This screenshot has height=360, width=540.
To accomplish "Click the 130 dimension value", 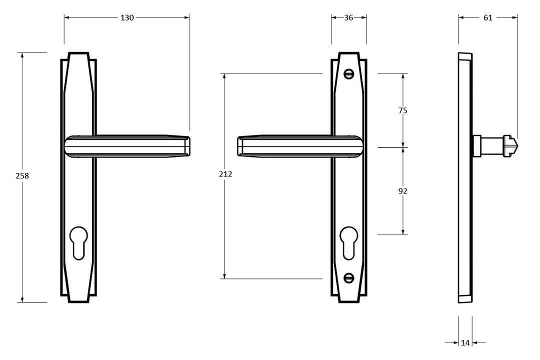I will [x=127, y=17].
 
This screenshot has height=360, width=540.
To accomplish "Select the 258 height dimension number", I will [x=22, y=176].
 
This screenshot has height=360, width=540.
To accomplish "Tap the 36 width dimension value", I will [x=348, y=17].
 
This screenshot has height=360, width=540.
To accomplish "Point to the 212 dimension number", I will [x=225, y=174].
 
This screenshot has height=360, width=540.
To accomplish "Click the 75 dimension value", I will [x=403, y=110].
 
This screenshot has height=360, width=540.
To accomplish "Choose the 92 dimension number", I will [x=403, y=191].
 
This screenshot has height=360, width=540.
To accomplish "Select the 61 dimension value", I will [x=488, y=17].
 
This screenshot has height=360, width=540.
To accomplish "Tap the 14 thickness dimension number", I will [x=465, y=342].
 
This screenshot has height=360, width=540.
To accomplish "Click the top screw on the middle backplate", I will [x=349, y=74].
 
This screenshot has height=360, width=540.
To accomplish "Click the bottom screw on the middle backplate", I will [x=349, y=277].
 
